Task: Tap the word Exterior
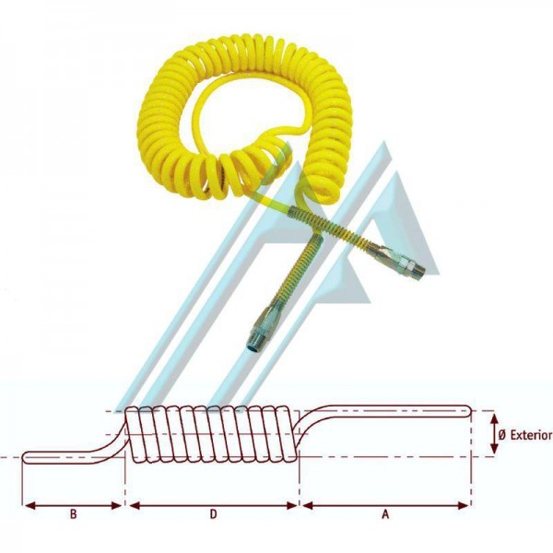(531, 435)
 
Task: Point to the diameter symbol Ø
(502, 435)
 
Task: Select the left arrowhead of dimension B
(30, 506)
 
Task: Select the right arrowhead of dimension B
(116, 506)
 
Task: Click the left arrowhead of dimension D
(135, 506)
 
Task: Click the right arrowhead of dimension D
(291, 506)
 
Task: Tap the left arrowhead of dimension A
(308, 506)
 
